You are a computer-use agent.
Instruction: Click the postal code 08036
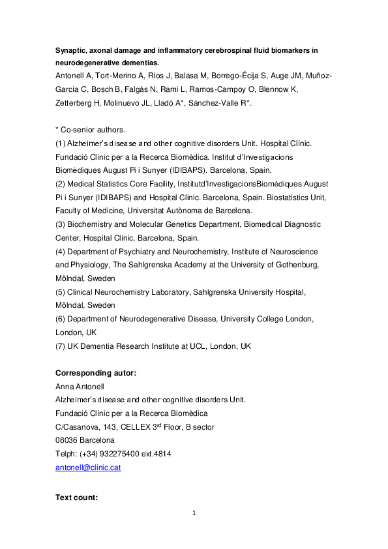[x=68, y=441]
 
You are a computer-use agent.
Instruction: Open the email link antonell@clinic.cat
[x=88, y=467]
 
